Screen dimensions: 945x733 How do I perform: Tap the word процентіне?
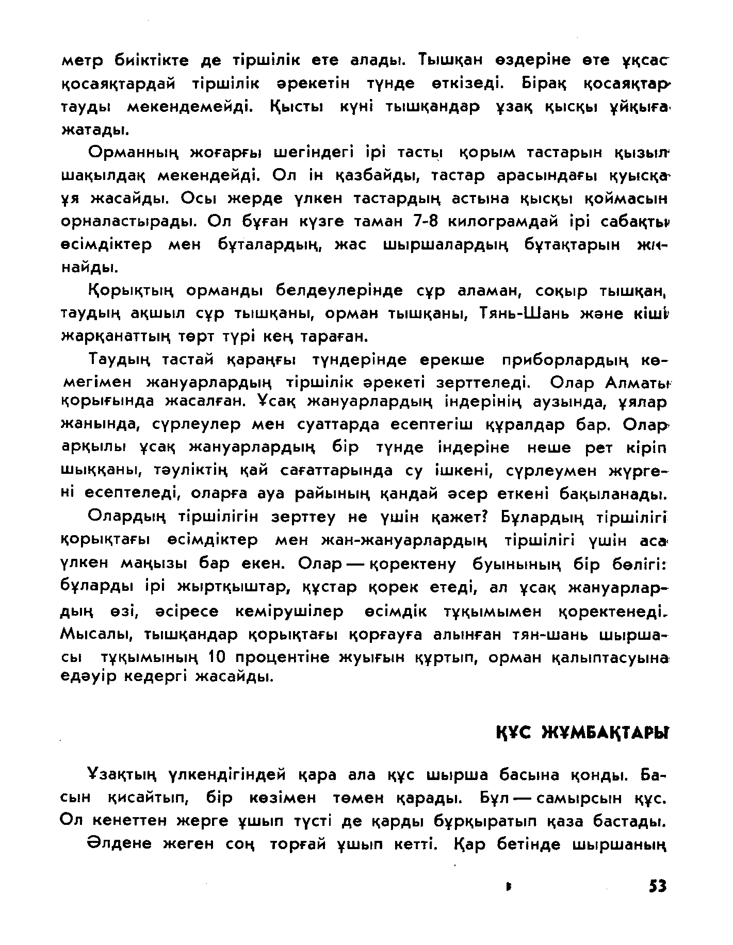[287, 657]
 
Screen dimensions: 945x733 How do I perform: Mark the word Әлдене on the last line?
[119, 844]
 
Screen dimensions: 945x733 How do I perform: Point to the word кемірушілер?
[289, 611]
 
